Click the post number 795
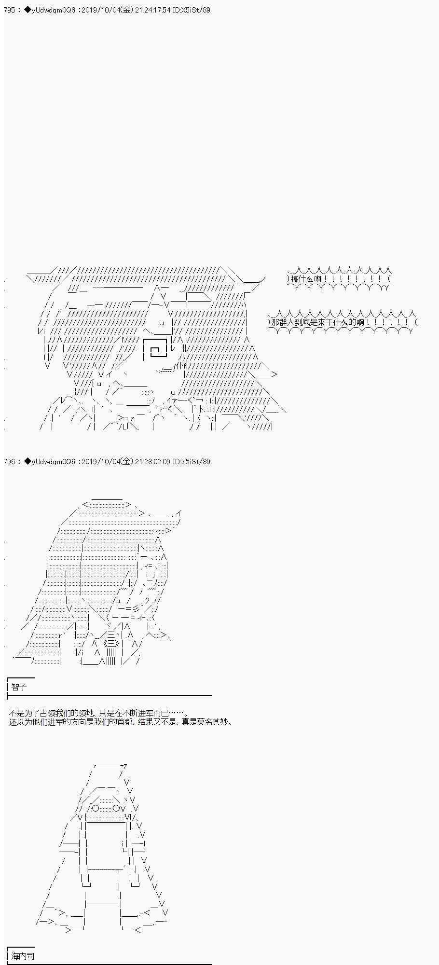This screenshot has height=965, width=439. (x=10, y=10)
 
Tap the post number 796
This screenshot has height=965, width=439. (x=10, y=461)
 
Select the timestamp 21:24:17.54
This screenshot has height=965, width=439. (x=153, y=10)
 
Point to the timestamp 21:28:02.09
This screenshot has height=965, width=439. (x=153, y=461)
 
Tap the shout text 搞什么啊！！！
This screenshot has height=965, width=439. (x=338, y=279)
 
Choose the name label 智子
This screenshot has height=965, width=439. (x=19, y=687)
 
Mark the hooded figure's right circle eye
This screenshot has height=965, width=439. (x=117, y=808)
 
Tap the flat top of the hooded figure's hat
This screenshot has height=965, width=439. (x=110, y=765)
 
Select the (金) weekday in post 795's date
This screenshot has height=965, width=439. (x=126, y=10)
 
